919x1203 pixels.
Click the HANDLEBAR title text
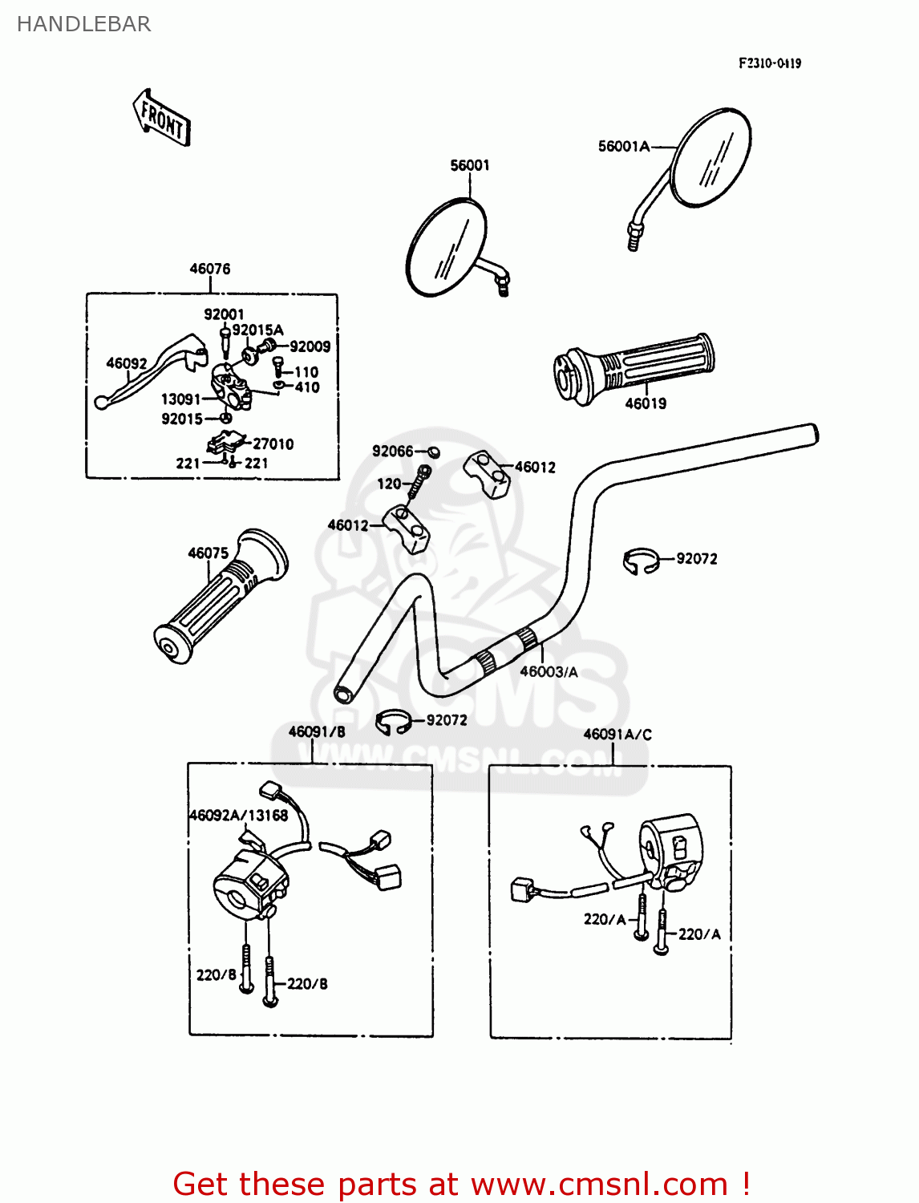point(83,24)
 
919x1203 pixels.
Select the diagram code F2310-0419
point(769,63)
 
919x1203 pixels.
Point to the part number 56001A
point(623,146)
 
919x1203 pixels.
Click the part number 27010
point(273,444)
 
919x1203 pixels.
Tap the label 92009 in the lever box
point(310,346)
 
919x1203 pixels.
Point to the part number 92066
point(392,452)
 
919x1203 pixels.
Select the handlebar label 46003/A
point(549,672)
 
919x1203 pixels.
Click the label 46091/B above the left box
point(317,731)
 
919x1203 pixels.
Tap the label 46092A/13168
point(238,816)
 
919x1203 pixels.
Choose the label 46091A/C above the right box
point(617,734)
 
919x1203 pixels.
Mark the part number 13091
point(180,399)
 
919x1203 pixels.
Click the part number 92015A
point(257,330)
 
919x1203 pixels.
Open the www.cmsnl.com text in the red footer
point(599,1184)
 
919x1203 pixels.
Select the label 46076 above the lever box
point(209,269)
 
